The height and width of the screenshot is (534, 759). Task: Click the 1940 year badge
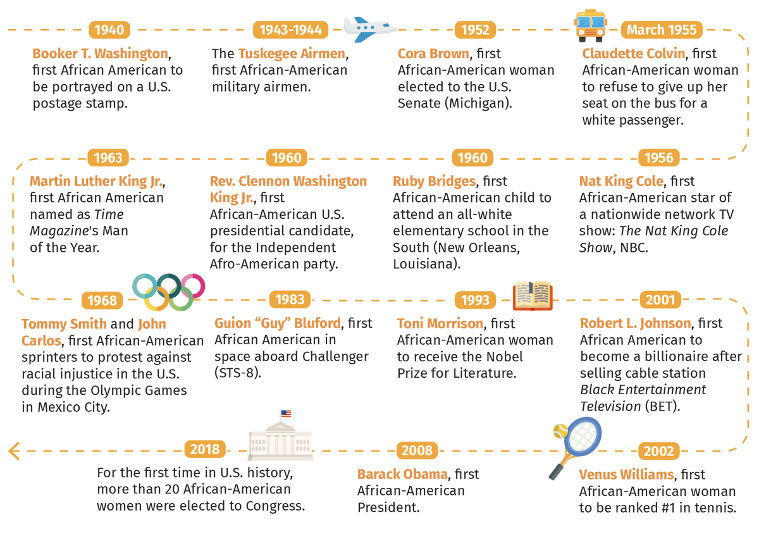point(109,30)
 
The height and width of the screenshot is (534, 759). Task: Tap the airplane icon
point(369,29)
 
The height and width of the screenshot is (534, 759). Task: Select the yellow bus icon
point(591,25)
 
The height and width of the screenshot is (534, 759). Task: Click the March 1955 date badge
point(662,30)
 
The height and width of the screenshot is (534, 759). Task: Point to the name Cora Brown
point(433,54)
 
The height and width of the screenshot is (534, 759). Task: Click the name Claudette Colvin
point(634,54)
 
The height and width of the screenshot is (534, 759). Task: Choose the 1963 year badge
point(108,158)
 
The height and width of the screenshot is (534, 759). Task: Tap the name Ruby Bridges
point(434,182)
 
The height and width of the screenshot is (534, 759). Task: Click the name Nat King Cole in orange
point(621,182)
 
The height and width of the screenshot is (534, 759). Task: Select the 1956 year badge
point(658,158)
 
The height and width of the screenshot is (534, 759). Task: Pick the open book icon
point(533,295)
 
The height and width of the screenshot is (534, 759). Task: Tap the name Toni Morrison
point(440,323)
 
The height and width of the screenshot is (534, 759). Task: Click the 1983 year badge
point(290,299)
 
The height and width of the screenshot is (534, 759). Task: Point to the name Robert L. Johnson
point(635,323)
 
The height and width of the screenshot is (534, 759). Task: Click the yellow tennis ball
point(560,431)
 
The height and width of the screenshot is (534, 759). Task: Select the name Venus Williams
point(626,475)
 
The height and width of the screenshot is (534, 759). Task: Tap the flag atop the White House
point(286,413)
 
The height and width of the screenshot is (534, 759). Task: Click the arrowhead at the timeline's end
point(14,451)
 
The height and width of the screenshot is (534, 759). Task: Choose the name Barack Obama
point(402,475)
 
